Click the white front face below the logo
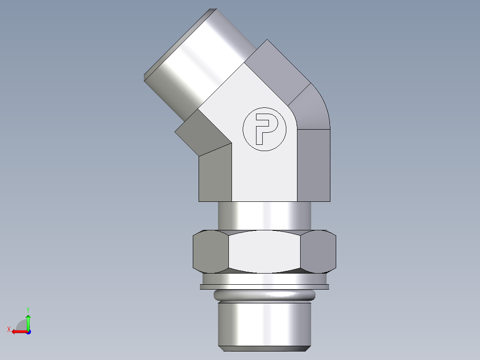pos(264,178)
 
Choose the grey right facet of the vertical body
pos(313,165)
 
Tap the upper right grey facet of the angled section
pos(278,71)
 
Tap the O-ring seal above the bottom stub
pos(264,295)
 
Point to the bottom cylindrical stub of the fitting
pos(264,323)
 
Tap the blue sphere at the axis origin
pos(28,332)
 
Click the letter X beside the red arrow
pos(9,329)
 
